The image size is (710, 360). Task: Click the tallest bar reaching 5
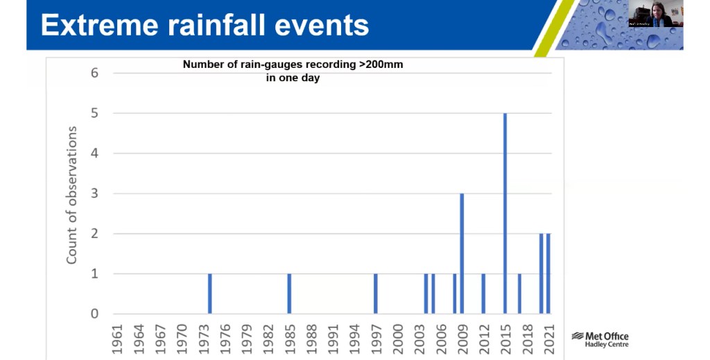pyautogui.click(x=505, y=213)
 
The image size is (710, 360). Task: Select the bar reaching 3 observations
pyautogui.click(x=462, y=253)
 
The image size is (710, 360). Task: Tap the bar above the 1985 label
pyautogui.click(x=289, y=293)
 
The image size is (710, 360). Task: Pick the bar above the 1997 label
pyautogui.click(x=375, y=293)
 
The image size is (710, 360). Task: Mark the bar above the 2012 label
pyautogui.click(x=483, y=293)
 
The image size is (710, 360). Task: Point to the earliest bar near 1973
pyautogui.click(x=209, y=293)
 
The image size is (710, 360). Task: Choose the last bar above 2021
pyautogui.click(x=548, y=273)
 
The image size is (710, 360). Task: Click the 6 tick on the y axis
pyautogui.click(x=95, y=73)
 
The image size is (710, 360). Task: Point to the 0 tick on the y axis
pyautogui.click(x=95, y=314)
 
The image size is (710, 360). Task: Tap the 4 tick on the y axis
pyautogui.click(x=95, y=153)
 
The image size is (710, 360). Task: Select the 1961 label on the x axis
pyautogui.click(x=116, y=338)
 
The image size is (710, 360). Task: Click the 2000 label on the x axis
pyautogui.click(x=397, y=338)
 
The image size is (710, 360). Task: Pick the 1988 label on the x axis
pyautogui.click(x=311, y=338)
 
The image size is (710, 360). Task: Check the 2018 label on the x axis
pyautogui.click(x=527, y=338)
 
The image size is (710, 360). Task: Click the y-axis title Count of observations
pyautogui.click(x=71, y=194)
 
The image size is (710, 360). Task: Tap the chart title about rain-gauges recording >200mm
pyautogui.click(x=292, y=71)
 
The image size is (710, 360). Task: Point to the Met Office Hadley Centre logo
pyautogui.click(x=600, y=339)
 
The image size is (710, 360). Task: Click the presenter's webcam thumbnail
pyautogui.click(x=655, y=15)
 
